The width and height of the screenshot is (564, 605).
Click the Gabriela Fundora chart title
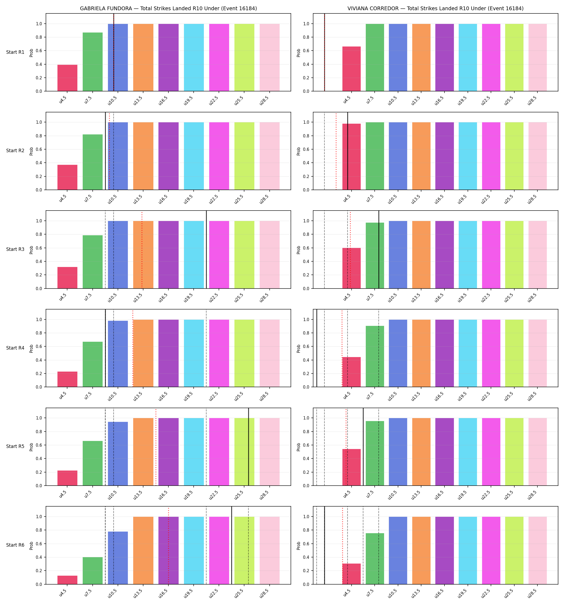click(x=168, y=9)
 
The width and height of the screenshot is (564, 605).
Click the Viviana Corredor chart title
click(x=436, y=9)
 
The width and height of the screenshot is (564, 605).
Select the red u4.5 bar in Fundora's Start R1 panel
click(x=67, y=78)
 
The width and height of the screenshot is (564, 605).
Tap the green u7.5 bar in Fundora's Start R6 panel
click(x=93, y=571)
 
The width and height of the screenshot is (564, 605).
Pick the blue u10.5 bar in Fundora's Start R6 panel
click(x=118, y=558)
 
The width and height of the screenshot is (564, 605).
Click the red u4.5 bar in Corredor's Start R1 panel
click(x=352, y=69)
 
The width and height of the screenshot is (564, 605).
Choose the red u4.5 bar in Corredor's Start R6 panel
click(x=352, y=574)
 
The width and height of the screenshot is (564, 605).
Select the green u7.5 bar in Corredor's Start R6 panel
click(x=375, y=559)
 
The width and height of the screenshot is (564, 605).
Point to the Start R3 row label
click(x=15, y=249)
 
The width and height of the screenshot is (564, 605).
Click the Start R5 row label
click(x=15, y=446)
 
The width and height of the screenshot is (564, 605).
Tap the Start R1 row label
click(x=15, y=52)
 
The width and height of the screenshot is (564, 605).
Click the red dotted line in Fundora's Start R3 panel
click(x=142, y=250)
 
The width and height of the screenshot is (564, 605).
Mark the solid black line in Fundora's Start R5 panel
click(x=248, y=447)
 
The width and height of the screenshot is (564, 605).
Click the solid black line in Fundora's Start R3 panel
click(x=207, y=250)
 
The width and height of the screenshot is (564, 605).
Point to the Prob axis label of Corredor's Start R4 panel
click(x=299, y=348)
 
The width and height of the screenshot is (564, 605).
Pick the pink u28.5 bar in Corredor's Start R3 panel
click(x=538, y=255)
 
